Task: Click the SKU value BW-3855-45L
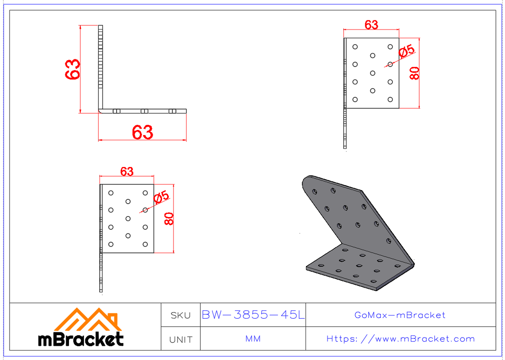pyautogui.click(x=253, y=315)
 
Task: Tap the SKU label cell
pyautogui.click(x=181, y=315)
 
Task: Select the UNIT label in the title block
pyautogui.click(x=181, y=339)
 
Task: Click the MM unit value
pyautogui.click(x=252, y=339)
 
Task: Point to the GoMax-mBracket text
pyautogui.click(x=400, y=315)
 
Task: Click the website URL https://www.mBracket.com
pyautogui.click(x=400, y=339)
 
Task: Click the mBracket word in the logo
pyautogui.click(x=81, y=339)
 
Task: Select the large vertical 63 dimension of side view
pyautogui.click(x=73, y=69)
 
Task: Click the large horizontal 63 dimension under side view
pyautogui.click(x=142, y=133)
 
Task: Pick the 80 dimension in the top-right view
pyautogui.click(x=414, y=73)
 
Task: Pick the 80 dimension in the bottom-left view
pyautogui.click(x=169, y=219)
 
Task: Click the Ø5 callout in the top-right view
pyautogui.click(x=406, y=51)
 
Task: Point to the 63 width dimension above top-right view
pyautogui.click(x=371, y=25)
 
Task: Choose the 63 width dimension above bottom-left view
pyautogui.click(x=127, y=172)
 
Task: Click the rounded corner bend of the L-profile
pyautogui.click(x=101, y=111)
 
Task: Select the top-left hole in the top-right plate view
pyautogui.click(x=355, y=47)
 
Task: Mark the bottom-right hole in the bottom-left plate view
pyautogui.click(x=145, y=244)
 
